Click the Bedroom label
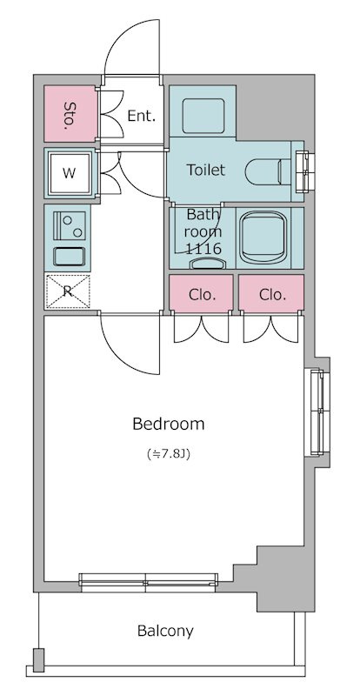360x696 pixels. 168,424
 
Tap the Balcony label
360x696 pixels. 165,631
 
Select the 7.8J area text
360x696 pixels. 169,454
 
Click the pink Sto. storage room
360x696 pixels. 70,114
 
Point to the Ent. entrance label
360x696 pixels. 142,116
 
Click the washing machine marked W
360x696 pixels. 69,173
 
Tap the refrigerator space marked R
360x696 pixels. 68,291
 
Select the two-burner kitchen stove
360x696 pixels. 70,225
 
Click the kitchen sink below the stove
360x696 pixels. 69,257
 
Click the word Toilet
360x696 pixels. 205,170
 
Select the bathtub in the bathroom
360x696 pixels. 263,238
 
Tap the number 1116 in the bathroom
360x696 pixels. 203,249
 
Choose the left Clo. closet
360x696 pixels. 201,293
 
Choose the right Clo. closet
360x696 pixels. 271,293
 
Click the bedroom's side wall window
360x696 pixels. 317,412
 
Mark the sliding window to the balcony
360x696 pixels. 149,582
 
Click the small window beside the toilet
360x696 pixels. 306,171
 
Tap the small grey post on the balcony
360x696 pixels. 39,659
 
